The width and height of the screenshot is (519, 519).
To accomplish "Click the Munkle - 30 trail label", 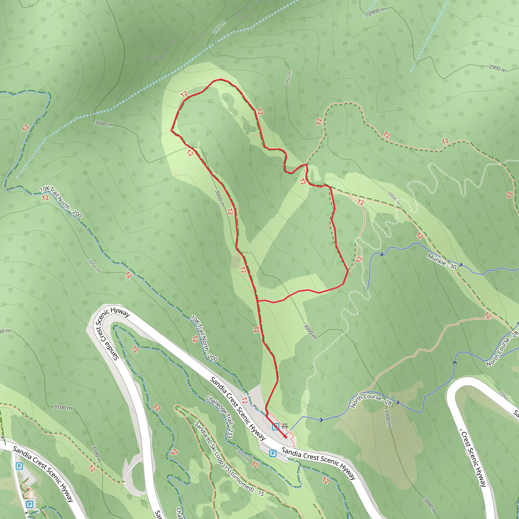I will [x=442, y=261].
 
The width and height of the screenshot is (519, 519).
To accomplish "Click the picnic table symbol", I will [x=285, y=426].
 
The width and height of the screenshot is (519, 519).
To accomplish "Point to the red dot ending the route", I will [x=286, y=437].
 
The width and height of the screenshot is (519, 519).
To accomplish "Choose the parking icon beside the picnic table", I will [x=275, y=427].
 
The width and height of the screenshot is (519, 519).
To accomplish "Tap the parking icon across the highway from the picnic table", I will [x=273, y=453].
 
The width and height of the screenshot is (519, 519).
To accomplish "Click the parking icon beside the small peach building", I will [x=30, y=504].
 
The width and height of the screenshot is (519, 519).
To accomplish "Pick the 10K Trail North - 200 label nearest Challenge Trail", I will [x=204, y=338].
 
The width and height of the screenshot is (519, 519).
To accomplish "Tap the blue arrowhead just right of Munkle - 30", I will [x=461, y=265].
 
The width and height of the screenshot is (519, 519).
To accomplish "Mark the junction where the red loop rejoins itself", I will [x=258, y=301].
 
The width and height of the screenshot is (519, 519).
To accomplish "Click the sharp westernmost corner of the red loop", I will [x=171, y=131].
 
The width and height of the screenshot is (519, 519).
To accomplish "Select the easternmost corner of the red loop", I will [x=348, y=271].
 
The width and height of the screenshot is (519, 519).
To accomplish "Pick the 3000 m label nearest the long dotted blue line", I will [x=103, y=124].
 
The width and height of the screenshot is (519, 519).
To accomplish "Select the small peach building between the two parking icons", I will [x=31, y=494].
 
